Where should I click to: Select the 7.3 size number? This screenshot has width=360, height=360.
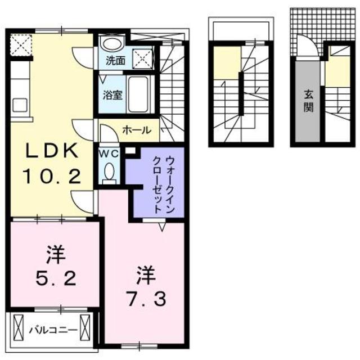pos(145,298)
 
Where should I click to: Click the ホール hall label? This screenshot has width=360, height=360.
pos(137,130)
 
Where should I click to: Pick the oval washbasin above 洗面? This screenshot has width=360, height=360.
pos(112,44)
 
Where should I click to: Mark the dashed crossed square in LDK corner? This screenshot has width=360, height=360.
pos(21,44)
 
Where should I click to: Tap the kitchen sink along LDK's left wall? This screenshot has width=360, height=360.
pos(19,105)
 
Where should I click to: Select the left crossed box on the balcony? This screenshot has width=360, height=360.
pos(17,327)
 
